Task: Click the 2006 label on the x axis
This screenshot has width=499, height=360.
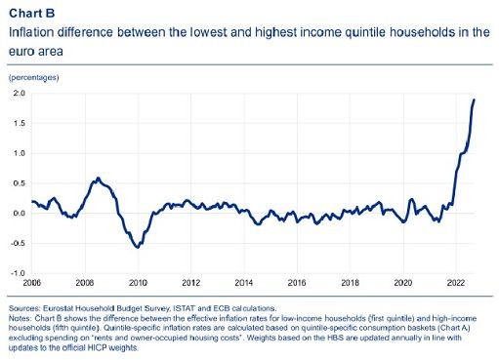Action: (31, 284)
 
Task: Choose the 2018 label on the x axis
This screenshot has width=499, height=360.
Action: (350, 284)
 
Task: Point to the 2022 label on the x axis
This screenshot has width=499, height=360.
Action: (455, 284)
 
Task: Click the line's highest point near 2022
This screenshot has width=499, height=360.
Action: (475, 100)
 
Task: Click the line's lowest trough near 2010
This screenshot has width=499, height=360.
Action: (138, 248)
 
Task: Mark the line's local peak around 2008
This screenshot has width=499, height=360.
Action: (98, 179)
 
